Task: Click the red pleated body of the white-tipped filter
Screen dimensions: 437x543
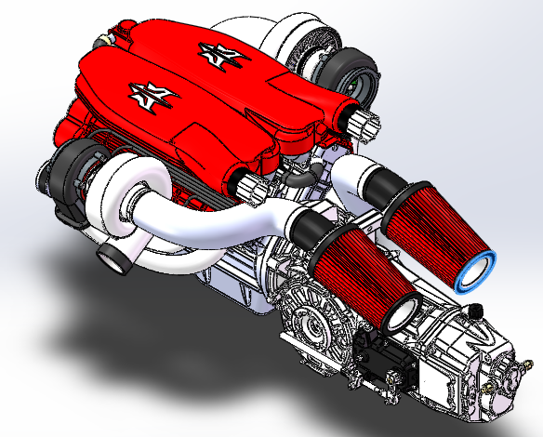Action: pyautogui.click(x=358, y=270)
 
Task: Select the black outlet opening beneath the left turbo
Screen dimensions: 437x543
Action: pyautogui.click(x=114, y=259)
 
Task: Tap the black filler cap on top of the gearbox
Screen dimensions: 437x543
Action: pyautogui.click(x=475, y=307)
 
